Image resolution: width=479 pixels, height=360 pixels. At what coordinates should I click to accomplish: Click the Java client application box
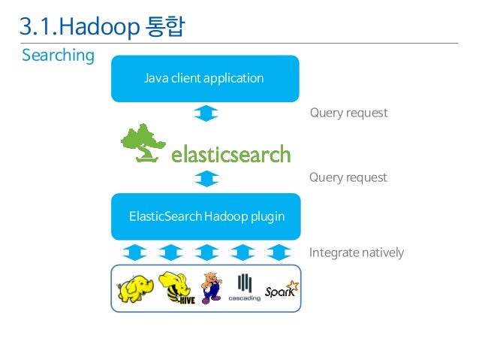205,78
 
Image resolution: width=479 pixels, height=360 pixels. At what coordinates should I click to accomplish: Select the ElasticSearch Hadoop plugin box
206,216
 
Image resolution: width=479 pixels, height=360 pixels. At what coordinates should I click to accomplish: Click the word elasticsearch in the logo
230,155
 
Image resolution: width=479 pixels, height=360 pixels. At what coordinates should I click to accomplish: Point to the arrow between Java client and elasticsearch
206,113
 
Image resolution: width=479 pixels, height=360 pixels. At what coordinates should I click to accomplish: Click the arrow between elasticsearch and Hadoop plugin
206,179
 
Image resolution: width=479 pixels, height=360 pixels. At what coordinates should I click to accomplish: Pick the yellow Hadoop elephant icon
135,287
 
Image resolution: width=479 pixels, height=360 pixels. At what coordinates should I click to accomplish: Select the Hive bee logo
177,287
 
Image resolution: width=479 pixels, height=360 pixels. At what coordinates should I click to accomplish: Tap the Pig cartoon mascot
212,288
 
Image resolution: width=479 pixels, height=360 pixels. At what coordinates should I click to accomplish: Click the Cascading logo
245,288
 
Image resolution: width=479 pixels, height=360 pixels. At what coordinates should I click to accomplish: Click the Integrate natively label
357,253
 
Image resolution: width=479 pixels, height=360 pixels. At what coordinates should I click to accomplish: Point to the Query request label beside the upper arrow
348,113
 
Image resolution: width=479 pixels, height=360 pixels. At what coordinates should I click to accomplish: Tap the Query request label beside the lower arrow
348,178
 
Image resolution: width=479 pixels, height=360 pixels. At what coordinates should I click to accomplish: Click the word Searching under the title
58,56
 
